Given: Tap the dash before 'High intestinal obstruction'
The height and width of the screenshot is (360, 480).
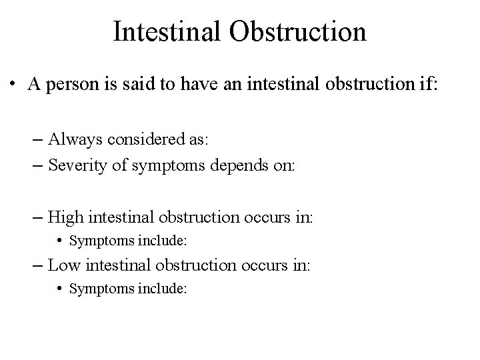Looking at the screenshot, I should [x=39, y=217].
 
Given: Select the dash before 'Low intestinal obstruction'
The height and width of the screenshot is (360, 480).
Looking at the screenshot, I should [x=39, y=265].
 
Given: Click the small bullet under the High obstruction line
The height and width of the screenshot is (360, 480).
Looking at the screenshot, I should [x=61, y=241].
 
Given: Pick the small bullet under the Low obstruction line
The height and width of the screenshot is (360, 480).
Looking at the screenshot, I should [x=61, y=289].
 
